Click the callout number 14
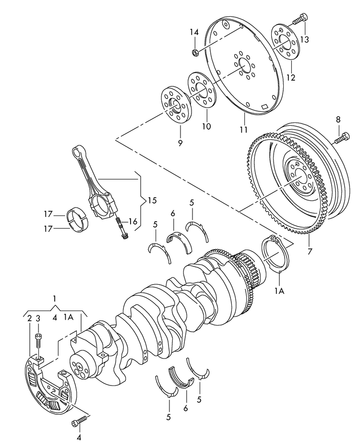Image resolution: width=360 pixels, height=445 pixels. (x=193, y=32)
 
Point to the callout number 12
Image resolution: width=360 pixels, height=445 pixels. (x=291, y=77)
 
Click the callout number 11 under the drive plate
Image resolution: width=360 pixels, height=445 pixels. (x=243, y=130)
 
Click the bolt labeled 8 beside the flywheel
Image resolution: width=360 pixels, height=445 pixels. (x=340, y=139)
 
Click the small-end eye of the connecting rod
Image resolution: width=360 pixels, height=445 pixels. (x=77, y=152)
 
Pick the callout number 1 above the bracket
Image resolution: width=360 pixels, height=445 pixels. (x=55, y=299)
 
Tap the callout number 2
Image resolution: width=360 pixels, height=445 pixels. (x=30, y=318)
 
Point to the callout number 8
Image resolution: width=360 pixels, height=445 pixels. (x=338, y=120)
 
